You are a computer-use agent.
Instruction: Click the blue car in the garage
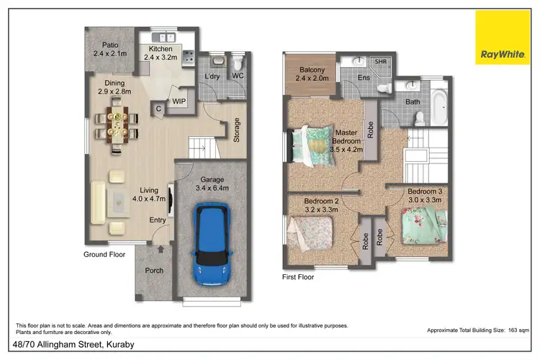point(212,244)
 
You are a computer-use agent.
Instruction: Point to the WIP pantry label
point(179,102)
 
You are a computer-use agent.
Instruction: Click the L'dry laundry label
point(212,76)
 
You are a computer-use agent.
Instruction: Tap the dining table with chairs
point(116,122)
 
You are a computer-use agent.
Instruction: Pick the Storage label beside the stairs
point(236,131)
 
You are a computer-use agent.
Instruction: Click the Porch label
point(154,271)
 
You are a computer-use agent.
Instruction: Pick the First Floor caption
point(298,276)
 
